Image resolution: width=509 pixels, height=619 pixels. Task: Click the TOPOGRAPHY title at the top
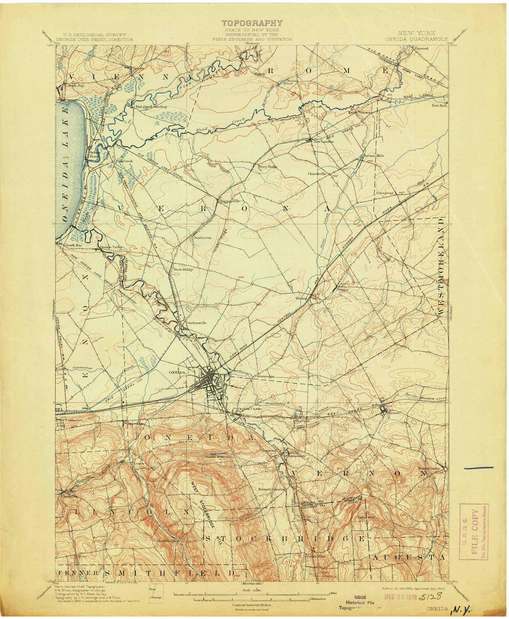point(252,23)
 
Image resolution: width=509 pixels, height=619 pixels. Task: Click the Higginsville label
point(228,201)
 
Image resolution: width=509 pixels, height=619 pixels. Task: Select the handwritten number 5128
point(432,596)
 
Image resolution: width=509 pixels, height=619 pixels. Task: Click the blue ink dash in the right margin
point(479,468)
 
